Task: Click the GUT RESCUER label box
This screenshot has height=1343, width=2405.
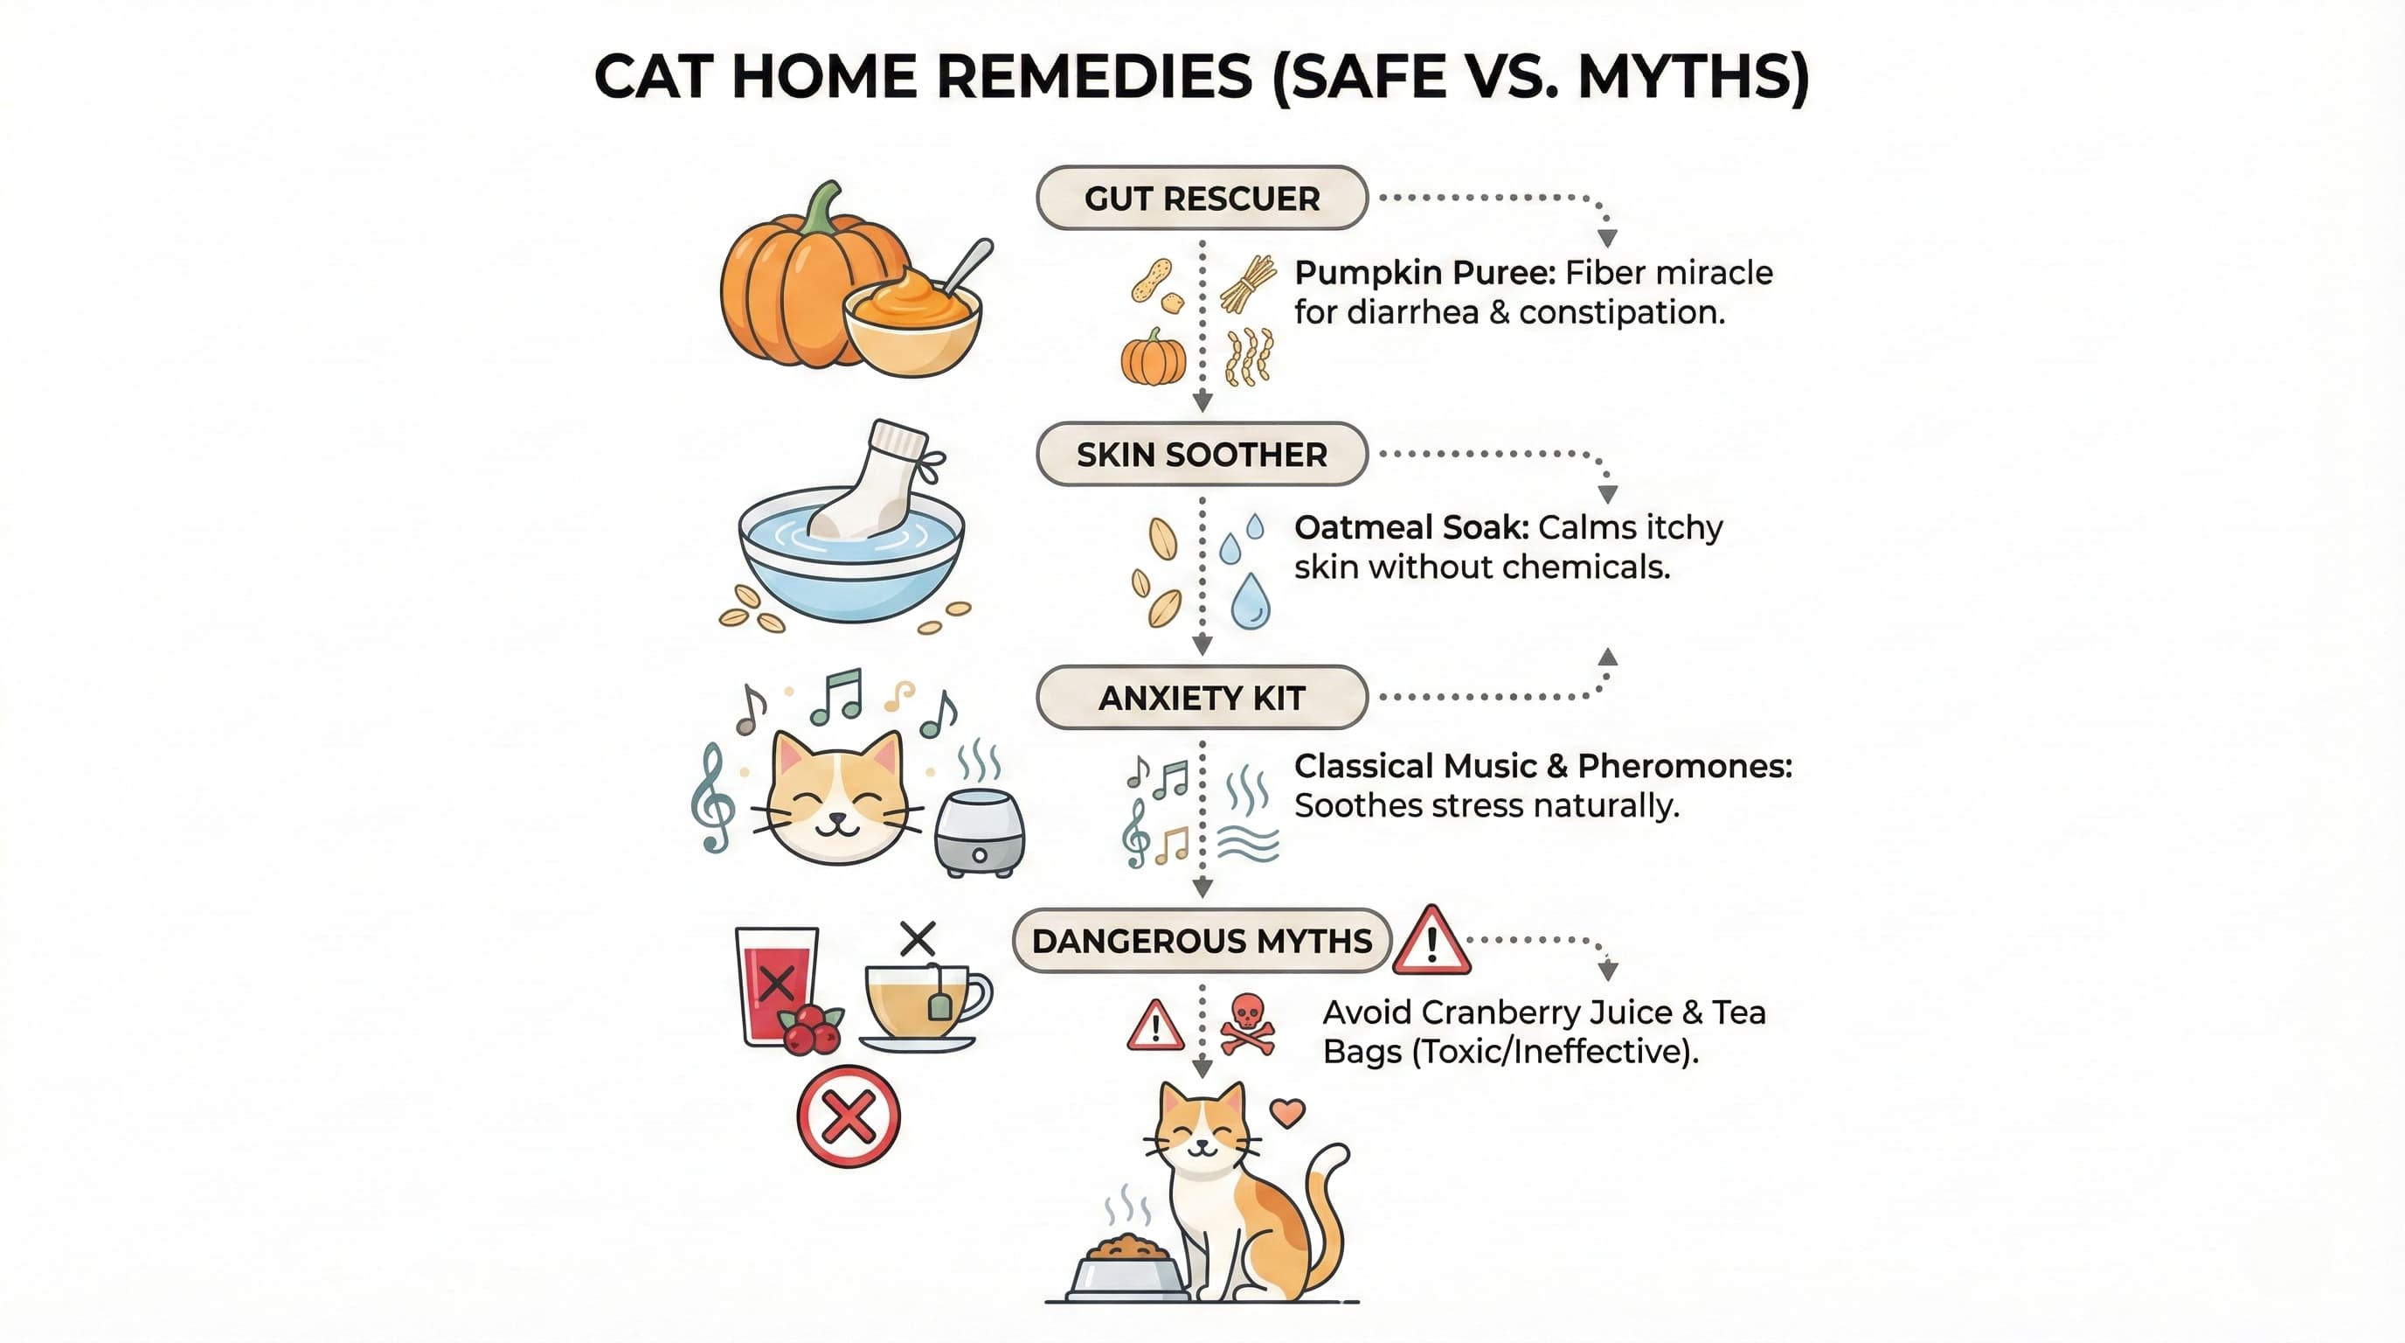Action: [1202, 198]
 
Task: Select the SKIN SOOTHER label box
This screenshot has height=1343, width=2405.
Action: [1202, 454]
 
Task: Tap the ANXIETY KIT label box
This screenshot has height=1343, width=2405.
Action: [1202, 698]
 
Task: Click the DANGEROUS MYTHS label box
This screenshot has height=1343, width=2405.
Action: [1202, 941]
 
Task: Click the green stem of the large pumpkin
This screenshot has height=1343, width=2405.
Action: [822, 207]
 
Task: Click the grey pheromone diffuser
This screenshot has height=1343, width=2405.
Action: [980, 834]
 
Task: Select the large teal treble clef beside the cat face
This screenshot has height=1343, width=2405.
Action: [712, 798]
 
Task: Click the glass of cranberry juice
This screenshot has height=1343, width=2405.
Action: [777, 985]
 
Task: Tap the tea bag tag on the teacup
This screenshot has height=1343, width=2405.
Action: [940, 1006]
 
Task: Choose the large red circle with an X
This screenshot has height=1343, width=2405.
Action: [848, 1117]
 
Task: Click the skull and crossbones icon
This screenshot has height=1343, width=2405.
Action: [1247, 1025]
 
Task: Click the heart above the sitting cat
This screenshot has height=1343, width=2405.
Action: [1288, 1112]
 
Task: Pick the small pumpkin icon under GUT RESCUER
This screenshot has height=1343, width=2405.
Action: [1154, 358]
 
